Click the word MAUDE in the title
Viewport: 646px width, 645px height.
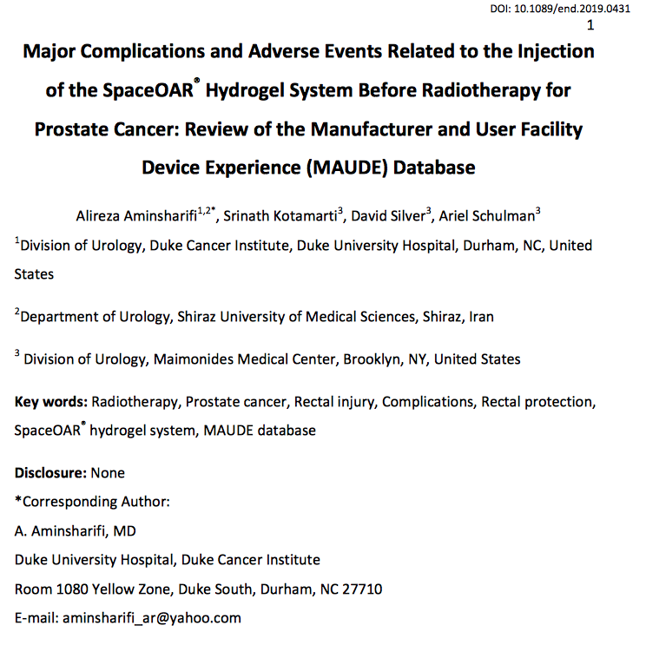click(347, 167)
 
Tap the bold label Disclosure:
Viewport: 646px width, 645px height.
click(50, 473)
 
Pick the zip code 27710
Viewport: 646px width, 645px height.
click(362, 589)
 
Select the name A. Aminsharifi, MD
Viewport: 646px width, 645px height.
click(75, 530)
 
